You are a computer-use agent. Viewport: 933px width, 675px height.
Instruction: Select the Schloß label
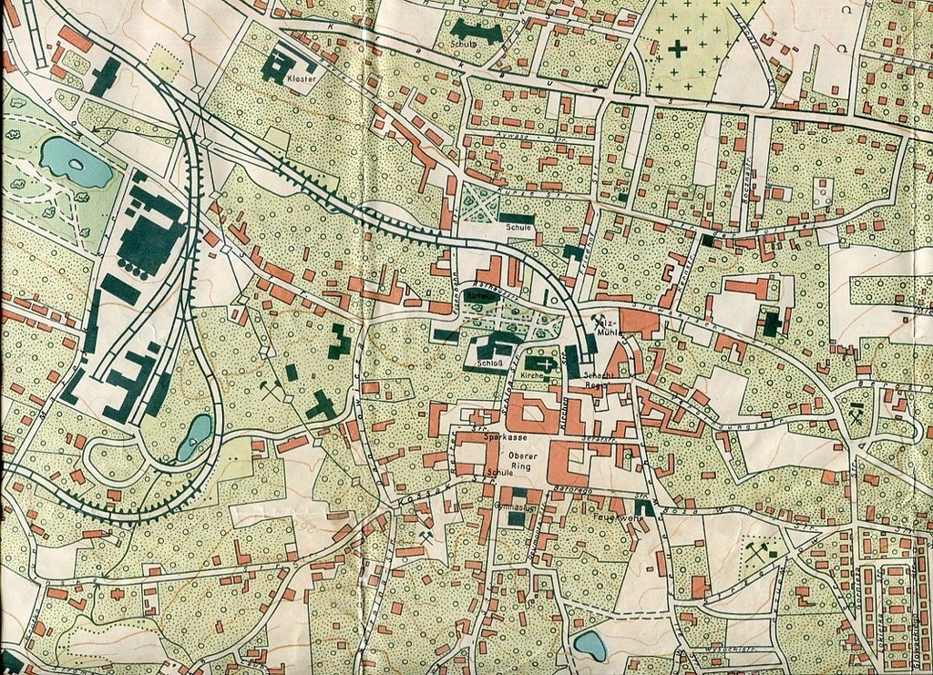tap(485, 365)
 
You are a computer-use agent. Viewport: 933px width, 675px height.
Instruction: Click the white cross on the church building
tap(545, 364)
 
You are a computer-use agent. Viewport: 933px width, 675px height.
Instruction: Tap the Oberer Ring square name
tap(523, 461)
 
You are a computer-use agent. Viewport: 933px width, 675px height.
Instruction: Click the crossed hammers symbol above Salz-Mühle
tap(600, 320)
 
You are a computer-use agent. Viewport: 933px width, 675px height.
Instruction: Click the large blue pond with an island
tap(75, 162)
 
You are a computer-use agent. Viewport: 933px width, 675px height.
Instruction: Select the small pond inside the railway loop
tap(195, 436)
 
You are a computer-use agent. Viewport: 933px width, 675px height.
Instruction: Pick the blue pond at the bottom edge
tap(590, 645)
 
